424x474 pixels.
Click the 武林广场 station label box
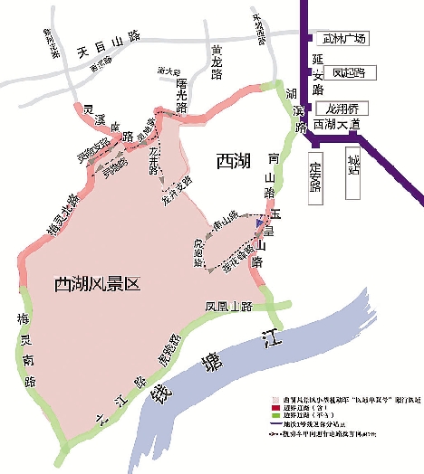tap(343, 39)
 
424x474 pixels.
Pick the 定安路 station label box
tap(315, 175)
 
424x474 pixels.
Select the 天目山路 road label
tap(109, 36)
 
